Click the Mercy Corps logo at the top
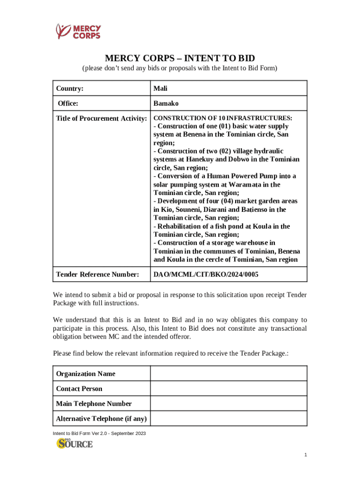(78, 31)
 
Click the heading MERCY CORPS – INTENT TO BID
(180, 58)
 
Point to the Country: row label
(70, 88)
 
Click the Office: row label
(68, 103)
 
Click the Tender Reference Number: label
(97, 275)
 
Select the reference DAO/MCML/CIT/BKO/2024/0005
(206, 275)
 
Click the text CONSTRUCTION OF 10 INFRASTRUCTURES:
(223, 118)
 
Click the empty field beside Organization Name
(228, 374)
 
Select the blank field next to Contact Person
(228, 389)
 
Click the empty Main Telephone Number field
(228, 404)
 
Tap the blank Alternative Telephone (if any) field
(228, 419)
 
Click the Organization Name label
(86, 374)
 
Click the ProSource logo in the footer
(75, 443)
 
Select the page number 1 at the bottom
(305, 455)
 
